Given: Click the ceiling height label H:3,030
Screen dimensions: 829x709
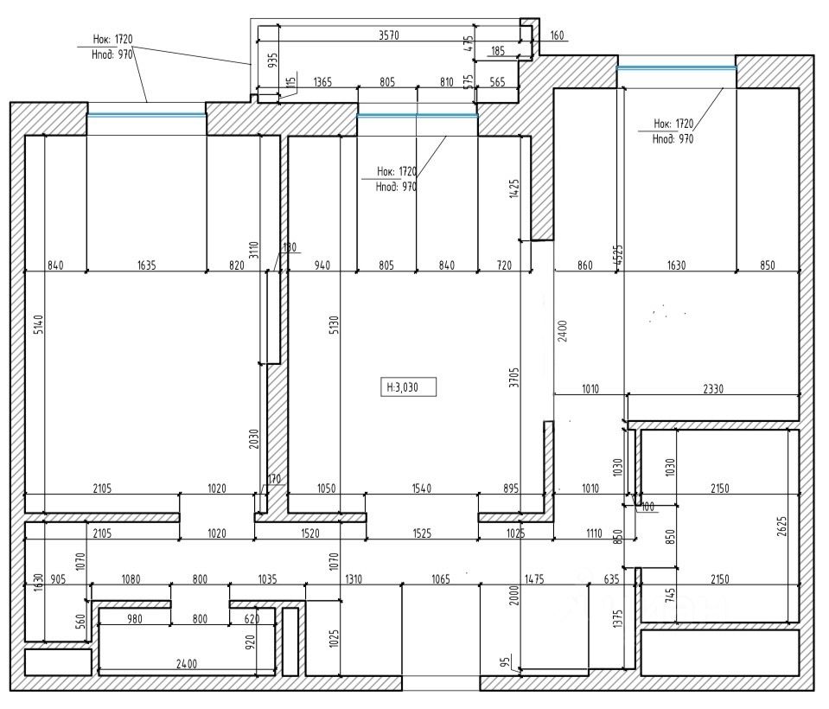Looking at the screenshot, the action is (409, 386).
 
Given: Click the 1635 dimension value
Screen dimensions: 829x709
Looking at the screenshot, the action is (146, 266).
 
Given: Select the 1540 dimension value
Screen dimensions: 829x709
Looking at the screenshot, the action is (422, 489).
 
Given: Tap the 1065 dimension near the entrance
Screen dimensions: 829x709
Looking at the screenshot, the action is (441, 579).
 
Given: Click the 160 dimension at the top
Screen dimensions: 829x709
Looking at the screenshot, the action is (557, 36).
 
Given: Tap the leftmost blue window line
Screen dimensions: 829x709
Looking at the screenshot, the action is (146, 114).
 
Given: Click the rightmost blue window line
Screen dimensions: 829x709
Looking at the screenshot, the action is (676, 67).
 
